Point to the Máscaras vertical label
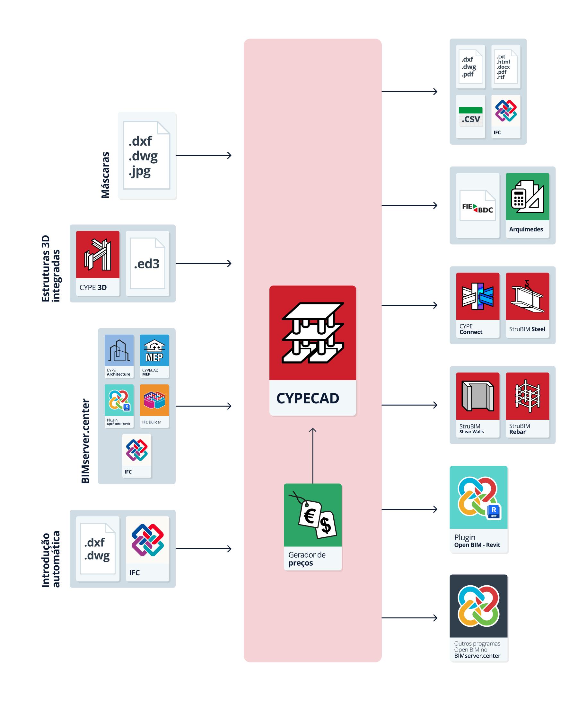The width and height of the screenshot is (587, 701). pyautogui.click(x=105, y=175)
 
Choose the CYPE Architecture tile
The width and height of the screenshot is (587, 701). pyautogui.click(x=119, y=356)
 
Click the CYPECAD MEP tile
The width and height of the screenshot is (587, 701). pyautogui.click(x=154, y=356)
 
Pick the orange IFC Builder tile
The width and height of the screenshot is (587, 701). pyautogui.click(x=154, y=406)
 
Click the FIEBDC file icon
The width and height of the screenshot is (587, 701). pyautogui.click(x=477, y=205)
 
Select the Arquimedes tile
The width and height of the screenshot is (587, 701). pyautogui.click(x=527, y=205)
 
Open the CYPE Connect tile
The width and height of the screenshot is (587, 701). pyautogui.click(x=477, y=305)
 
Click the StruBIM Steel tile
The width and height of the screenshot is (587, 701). pyautogui.click(x=527, y=305)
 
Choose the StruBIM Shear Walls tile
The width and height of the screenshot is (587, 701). pyautogui.click(x=477, y=405)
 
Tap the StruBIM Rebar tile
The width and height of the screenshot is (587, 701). pyautogui.click(x=527, y=405)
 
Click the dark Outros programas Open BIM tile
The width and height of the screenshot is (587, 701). pyautogui.click(x=478, y=617)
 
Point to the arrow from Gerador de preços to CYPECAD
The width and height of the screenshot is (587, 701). pyautogui.click(x=312, y=456)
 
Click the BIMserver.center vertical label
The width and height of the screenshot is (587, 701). pyautogui.click(x=86, y=441)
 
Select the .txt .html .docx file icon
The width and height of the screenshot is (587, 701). pyautogui.click(x=506, y=67)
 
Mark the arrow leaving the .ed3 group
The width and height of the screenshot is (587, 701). pyautogui.click(x=204, y=263)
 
